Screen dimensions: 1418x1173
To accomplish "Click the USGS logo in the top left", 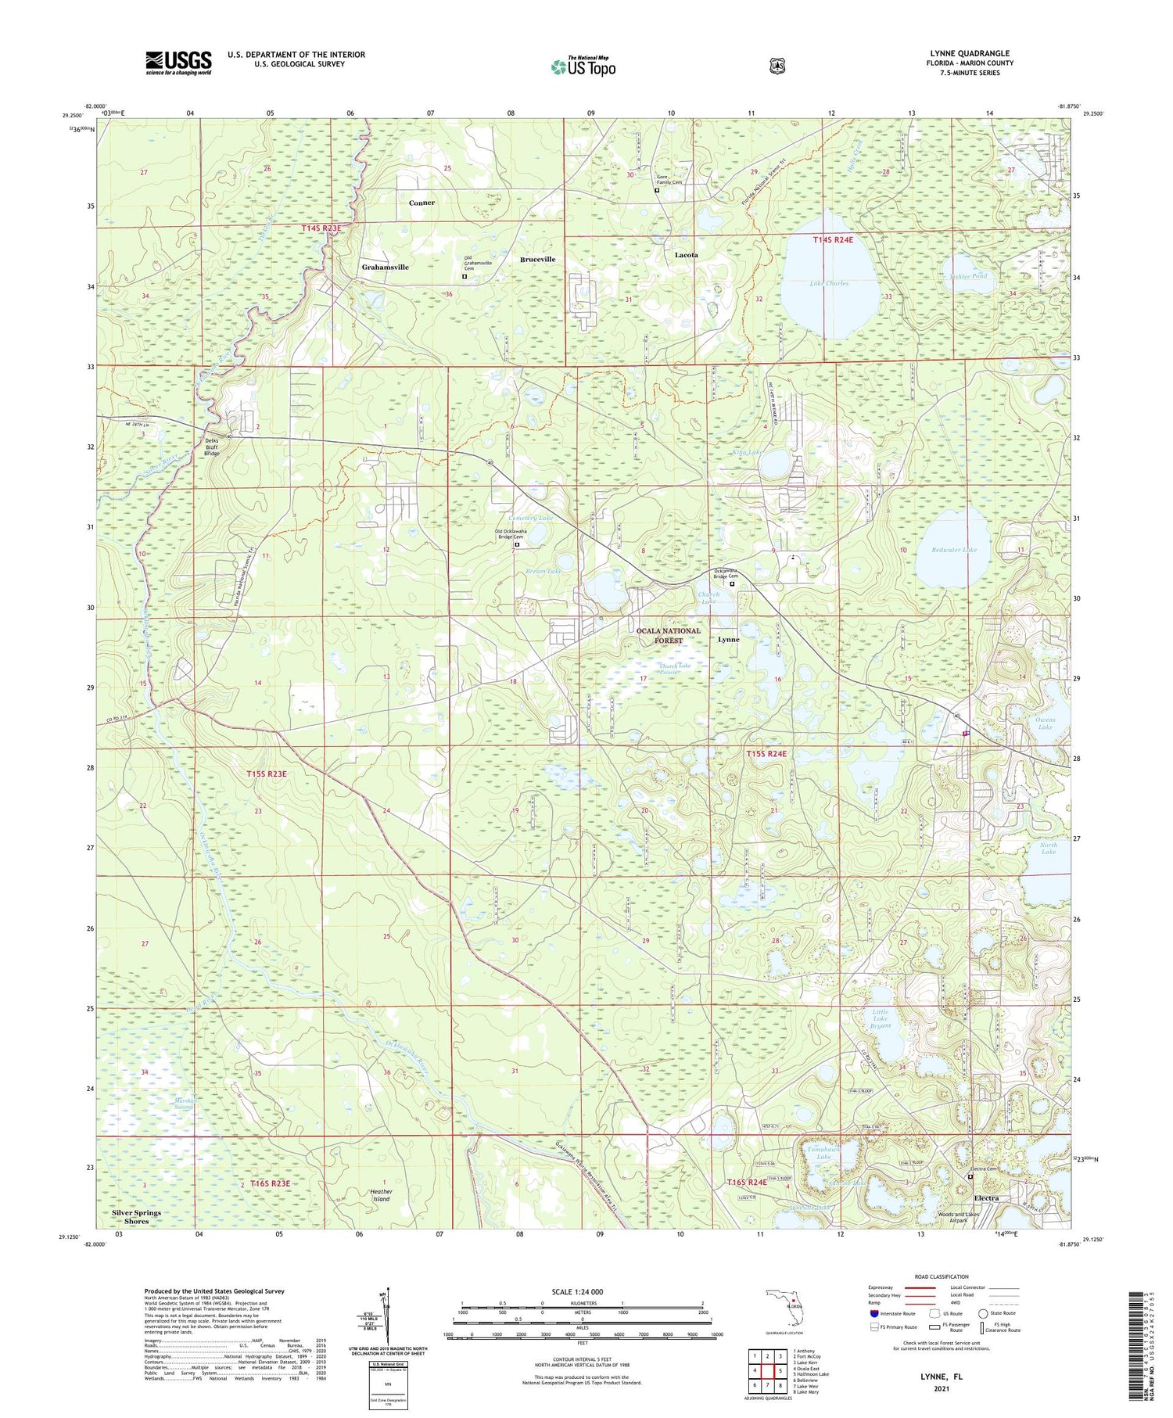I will click(x=178, y=63).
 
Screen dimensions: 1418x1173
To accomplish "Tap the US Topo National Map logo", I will click(x=583, y=66).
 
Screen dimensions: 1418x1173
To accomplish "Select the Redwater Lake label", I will click(x=954, y=550).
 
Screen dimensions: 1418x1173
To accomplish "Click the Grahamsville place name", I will click(x=385, y=267).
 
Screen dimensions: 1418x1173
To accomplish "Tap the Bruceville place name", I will click(x=538, y=259).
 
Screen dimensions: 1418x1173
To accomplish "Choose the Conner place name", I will click(x=421, y=203).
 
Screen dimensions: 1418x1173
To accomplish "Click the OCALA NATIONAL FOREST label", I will click(x=668, y=635).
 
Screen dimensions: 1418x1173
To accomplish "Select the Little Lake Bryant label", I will click(x=881, y=1018).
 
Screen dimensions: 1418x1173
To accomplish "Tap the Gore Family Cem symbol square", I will click(x=657, y=189).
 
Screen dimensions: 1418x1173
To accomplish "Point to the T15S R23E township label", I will click(x=266, y=774).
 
